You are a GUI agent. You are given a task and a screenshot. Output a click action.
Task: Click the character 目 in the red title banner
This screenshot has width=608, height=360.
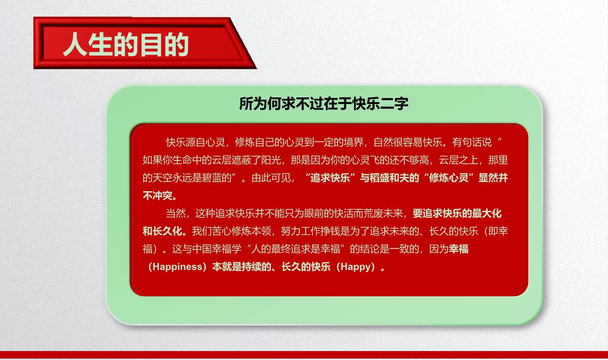tap(151, 45)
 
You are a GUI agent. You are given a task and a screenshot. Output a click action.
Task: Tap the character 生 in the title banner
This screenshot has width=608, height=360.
tap(100, 45)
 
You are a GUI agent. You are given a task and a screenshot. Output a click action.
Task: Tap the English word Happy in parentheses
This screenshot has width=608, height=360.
tap(355, 267)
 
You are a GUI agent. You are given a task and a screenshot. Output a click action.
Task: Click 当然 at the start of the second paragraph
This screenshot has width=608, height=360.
tap(176, 214)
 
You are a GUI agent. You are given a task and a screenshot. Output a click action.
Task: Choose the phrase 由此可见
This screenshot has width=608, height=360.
tap(271, 178)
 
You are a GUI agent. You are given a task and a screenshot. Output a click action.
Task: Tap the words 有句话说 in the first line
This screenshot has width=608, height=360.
tap(472, 143)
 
